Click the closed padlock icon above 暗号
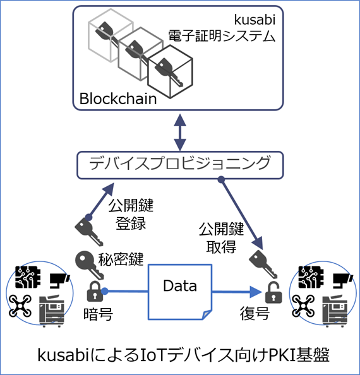[94, 291]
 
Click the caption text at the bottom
[180, 354]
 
